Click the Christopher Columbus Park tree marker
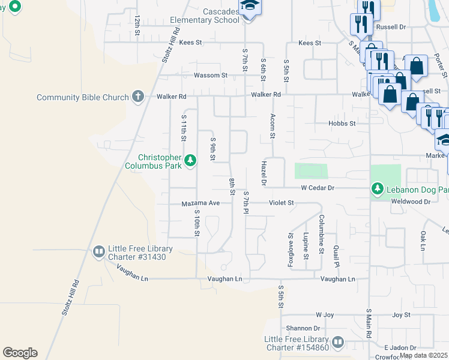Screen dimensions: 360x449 [x=190, y=160]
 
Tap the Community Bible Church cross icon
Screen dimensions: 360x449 [x=137, y=97]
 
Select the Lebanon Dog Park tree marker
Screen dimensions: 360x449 [x=377, y=189]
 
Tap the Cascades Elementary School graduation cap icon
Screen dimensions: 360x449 [x=248, y=8]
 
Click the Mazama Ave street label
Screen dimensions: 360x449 [x=201, y=203]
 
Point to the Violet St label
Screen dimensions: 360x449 [x=281, y=203]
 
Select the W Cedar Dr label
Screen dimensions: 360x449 [x=317, y=188]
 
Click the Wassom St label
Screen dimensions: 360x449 [x=210, y=76]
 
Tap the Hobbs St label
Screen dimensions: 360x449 [x=342, y=123]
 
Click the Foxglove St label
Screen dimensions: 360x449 [x=291, y=244]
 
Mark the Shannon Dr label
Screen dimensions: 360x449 [x=303, y=328]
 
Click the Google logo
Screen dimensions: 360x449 [x=20, y=353]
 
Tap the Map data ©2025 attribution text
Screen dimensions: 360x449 [x=424, y=355]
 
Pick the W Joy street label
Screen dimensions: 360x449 [x=324, y=314]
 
